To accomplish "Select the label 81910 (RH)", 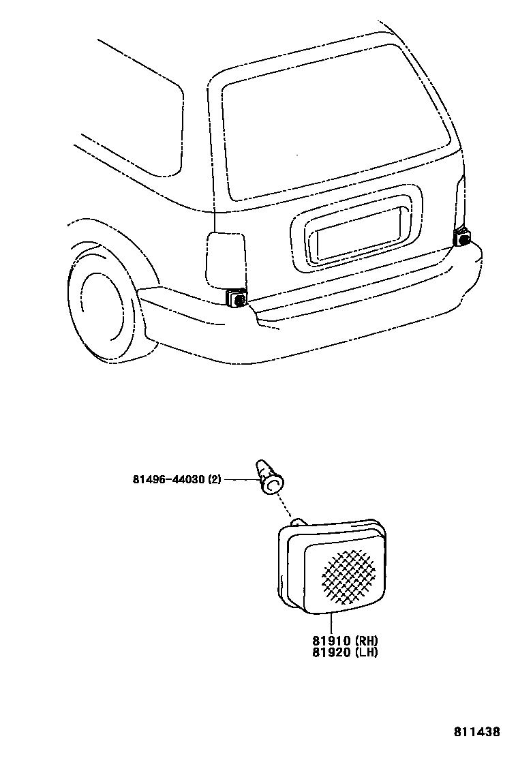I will [x=345, y=641].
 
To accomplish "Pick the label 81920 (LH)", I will [x=345, y=652].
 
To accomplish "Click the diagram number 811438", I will [x=477, y=732].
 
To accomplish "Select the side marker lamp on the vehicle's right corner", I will [x=462, y=237].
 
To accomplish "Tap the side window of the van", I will [x=136, y=109].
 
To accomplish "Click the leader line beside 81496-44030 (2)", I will [x=239, y=480].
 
